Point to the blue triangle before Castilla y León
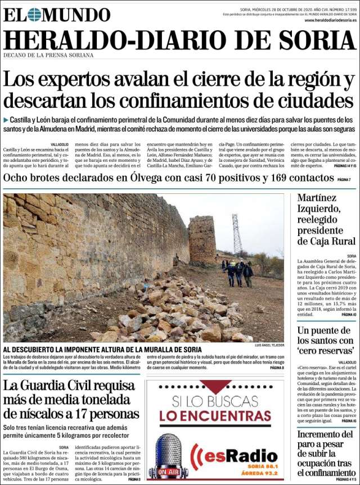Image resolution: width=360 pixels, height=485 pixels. pos(6,120)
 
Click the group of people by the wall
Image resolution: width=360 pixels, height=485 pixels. pos(237,273)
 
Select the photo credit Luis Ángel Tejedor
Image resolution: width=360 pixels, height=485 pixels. pos(269,345)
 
